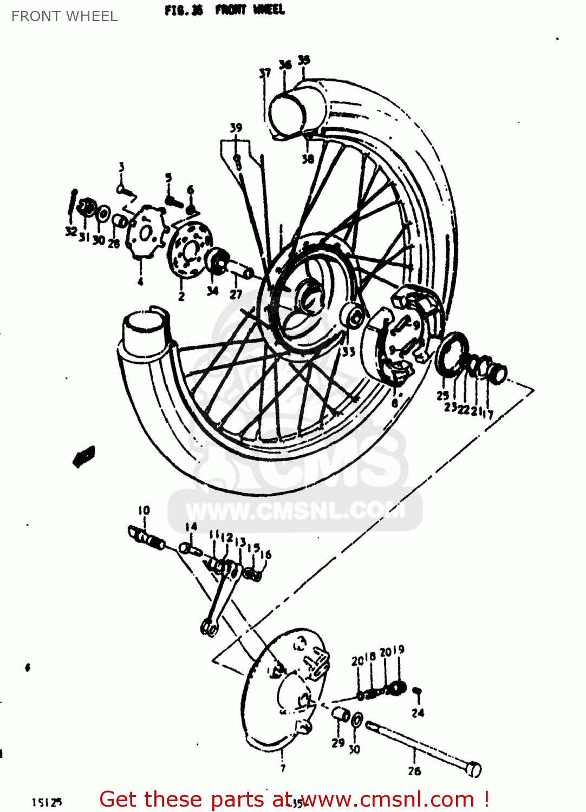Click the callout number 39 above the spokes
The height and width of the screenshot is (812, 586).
pyautogui.click(x=236, y=128)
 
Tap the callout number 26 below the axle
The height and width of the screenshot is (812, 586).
pyautogui.click(x=414, y=771)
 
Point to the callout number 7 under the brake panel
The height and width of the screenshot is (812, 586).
pyautogui.click(x=283, y=768)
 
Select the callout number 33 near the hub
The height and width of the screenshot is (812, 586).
pyautogui.click(x=348, y=352)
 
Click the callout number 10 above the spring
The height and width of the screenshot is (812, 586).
pyautogui.click(x=144, y=510)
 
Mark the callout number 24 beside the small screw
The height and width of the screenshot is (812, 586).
pyautogui.click(x=418, y=713)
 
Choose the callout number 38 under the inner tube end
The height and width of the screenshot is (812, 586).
pyautogui.click(x=308, y=159)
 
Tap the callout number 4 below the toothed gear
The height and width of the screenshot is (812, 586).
pyautogui.click(x=140, y=281)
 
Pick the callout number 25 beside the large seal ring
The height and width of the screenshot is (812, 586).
pyautogui.click(x=442, y=396)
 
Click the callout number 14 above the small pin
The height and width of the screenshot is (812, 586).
pyautogui.click(x=191, y=527)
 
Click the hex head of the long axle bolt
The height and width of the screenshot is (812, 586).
pyautogui.click(x=473, y=769)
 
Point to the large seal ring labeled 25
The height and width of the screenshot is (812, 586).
pyautogui.click(x=452, y=354)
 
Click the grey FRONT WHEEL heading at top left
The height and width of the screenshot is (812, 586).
pyautogui.click(x=64, y=16)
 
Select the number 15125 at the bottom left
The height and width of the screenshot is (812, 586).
pyautogui.click(x=47, y=802)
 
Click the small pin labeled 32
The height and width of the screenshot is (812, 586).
pyautogui.click(x=72, y=203)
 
